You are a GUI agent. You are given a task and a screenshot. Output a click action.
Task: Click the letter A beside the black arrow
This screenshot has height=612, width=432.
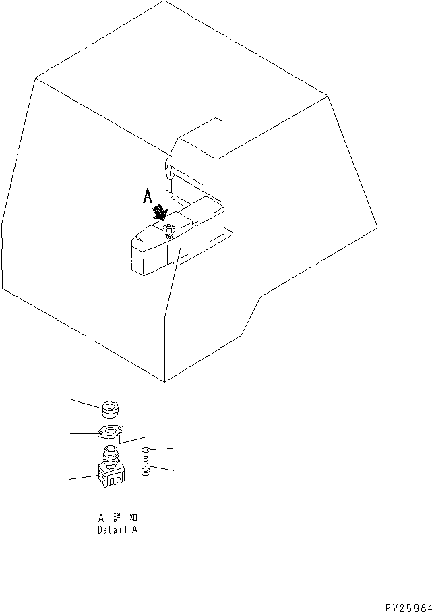point(148,196)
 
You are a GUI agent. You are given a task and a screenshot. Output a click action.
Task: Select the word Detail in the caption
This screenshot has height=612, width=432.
point(111,530)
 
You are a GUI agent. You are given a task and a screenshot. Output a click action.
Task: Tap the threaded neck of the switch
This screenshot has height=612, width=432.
point(109,453)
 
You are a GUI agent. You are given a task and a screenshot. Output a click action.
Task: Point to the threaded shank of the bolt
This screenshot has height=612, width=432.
point(146,464)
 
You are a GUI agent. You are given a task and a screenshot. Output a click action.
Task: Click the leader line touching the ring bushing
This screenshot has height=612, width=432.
point(86,403)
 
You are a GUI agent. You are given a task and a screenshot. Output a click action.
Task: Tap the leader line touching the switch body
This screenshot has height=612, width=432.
point(82,478)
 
